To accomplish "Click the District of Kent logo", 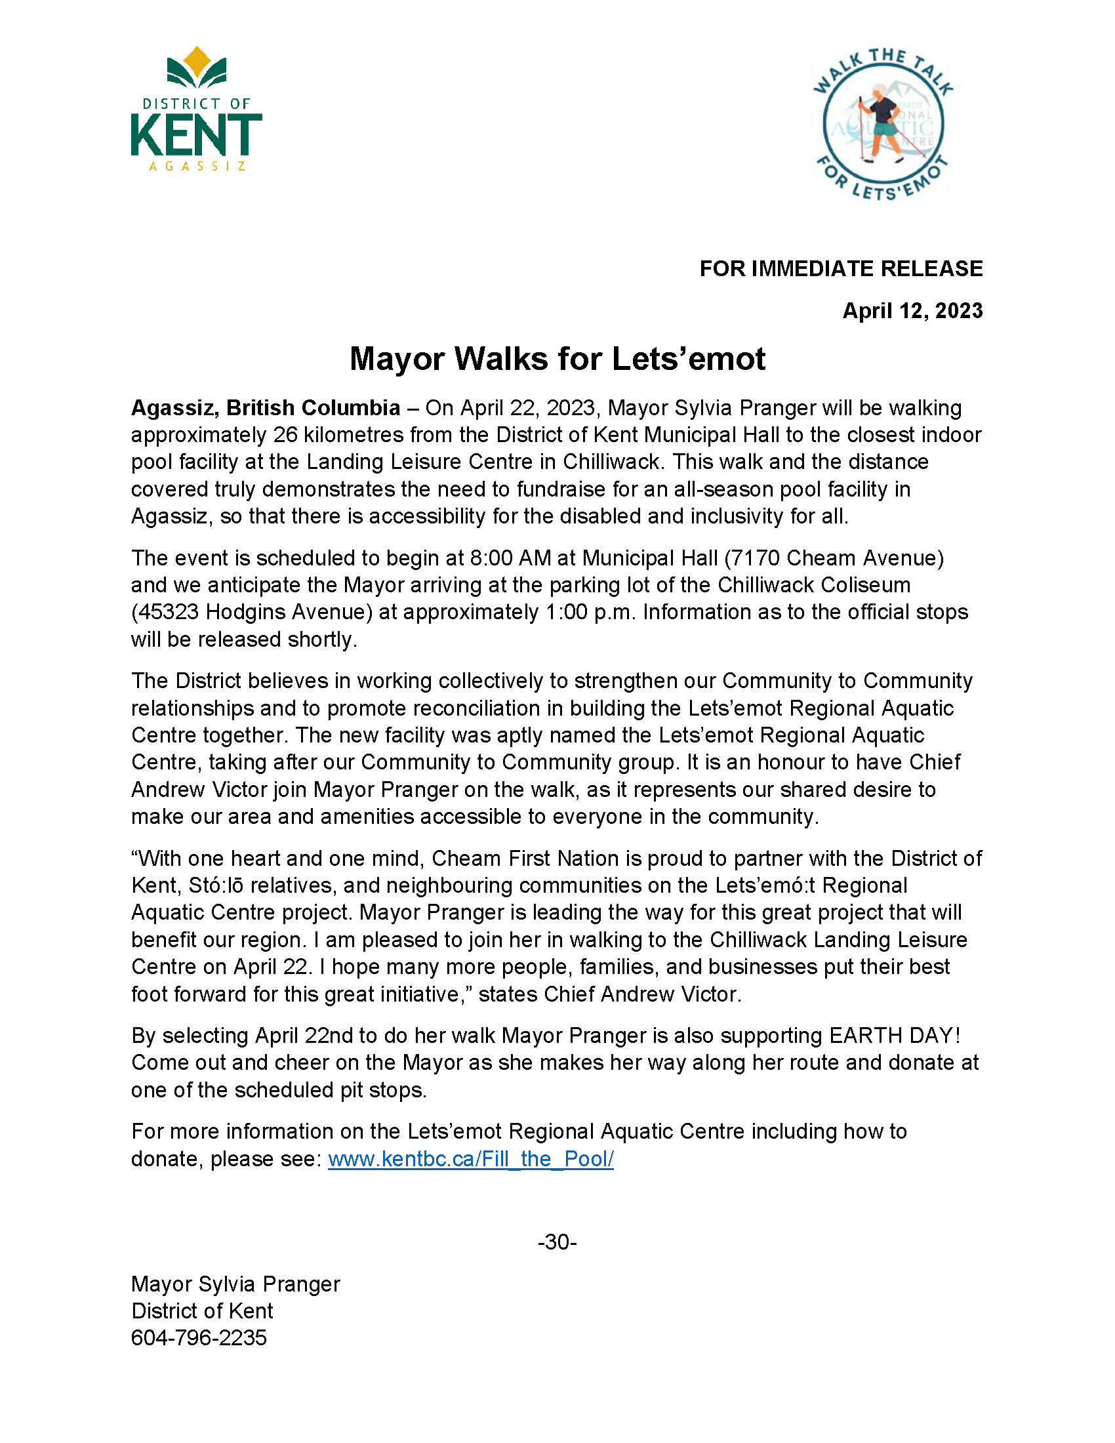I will tap(196, 110).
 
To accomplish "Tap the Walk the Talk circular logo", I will tap(882, 124).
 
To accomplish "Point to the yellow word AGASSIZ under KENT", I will tap(197, 167).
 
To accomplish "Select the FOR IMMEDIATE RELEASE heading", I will tap(840, 269).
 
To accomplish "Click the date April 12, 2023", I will tap(912, 311).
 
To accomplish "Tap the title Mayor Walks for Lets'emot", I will tap(557, 359).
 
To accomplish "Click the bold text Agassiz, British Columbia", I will tap(266, 409).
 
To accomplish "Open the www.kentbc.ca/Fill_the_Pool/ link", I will tap(470, 1159).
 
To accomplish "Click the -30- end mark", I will tap(557, 1243).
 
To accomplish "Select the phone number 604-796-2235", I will tap(199, 1338).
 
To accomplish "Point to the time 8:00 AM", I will tap(510, 558).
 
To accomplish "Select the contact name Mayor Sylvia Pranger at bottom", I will tap(235, 1284).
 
